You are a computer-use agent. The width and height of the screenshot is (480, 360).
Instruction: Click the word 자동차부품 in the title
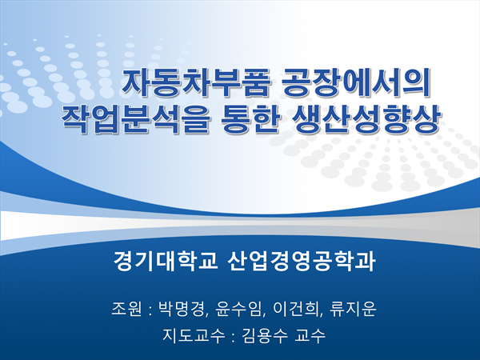(x=197, y=83)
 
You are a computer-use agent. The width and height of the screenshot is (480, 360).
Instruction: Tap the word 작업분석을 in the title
(x=136, y=118)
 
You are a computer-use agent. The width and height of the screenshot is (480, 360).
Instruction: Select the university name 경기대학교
(x=166, y=261)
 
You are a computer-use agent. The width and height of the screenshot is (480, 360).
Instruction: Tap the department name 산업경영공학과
(x=302, y=261)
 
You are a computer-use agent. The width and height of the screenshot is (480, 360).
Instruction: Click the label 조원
(x=126, y=309)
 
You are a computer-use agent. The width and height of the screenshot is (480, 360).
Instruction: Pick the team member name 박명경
(x=181, y=309)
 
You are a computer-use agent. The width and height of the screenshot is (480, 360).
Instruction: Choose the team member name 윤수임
(x=238, y=309)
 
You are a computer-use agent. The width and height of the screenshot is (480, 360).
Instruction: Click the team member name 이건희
(x=294, y=309)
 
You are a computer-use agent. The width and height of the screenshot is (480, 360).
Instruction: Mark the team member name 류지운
(x=353, y=309)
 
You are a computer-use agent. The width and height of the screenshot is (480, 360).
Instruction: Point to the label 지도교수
(x=193, y=336)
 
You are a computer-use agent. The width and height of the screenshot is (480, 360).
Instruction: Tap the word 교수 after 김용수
(x=310, y=336)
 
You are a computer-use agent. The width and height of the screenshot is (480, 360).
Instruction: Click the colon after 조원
(x=150, y=310)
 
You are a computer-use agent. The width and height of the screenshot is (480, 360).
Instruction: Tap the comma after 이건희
(x=320, y=315)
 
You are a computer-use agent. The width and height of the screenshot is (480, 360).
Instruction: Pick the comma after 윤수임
(x=263, y=315)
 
